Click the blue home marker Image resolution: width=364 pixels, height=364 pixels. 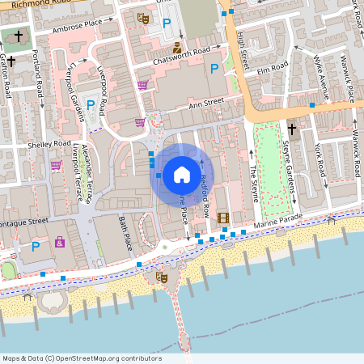point(182,174)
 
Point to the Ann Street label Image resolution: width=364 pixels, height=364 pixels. point(205,103)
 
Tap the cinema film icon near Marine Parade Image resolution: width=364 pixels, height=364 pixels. point(223,218)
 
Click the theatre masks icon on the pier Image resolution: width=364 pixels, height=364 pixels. point(161,277)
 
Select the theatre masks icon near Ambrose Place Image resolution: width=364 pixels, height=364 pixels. point(143,18)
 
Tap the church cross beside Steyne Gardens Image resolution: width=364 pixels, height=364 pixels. point(292,128)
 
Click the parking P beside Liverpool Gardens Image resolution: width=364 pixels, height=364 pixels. point(91,104)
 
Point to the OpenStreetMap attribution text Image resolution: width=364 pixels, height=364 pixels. point(82,358)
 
